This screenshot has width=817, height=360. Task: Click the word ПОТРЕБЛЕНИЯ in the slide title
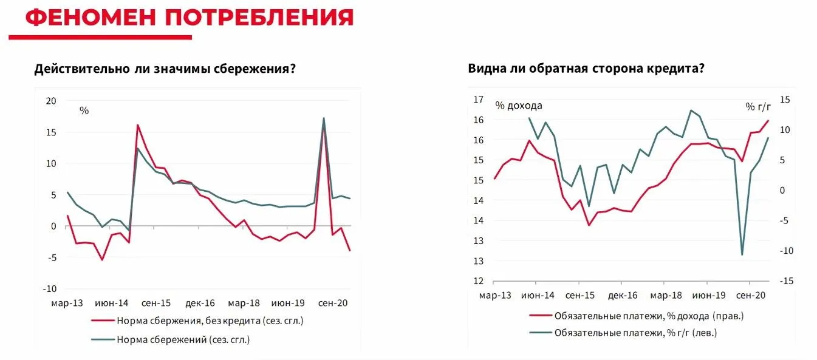(259, 18)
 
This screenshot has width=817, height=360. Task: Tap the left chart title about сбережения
(165, 69)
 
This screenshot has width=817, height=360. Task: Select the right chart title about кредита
(586, 68)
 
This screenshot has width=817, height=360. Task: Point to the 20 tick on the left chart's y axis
(51, 101)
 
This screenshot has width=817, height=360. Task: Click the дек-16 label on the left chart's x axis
(200, 302)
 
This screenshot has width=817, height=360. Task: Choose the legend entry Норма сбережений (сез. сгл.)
(182, 339)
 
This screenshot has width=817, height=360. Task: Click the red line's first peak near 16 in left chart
(138, 125)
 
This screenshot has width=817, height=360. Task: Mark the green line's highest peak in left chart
(324, 118)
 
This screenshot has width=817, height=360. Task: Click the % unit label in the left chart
(84, 110)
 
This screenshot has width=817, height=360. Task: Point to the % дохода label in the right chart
(518, 105)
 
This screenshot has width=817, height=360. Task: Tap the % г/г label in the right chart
(758, 106)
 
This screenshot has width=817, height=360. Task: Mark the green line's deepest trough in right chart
(742, 254)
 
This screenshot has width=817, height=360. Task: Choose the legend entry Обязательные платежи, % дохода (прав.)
(648, 316)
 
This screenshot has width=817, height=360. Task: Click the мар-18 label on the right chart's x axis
(666, 296)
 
